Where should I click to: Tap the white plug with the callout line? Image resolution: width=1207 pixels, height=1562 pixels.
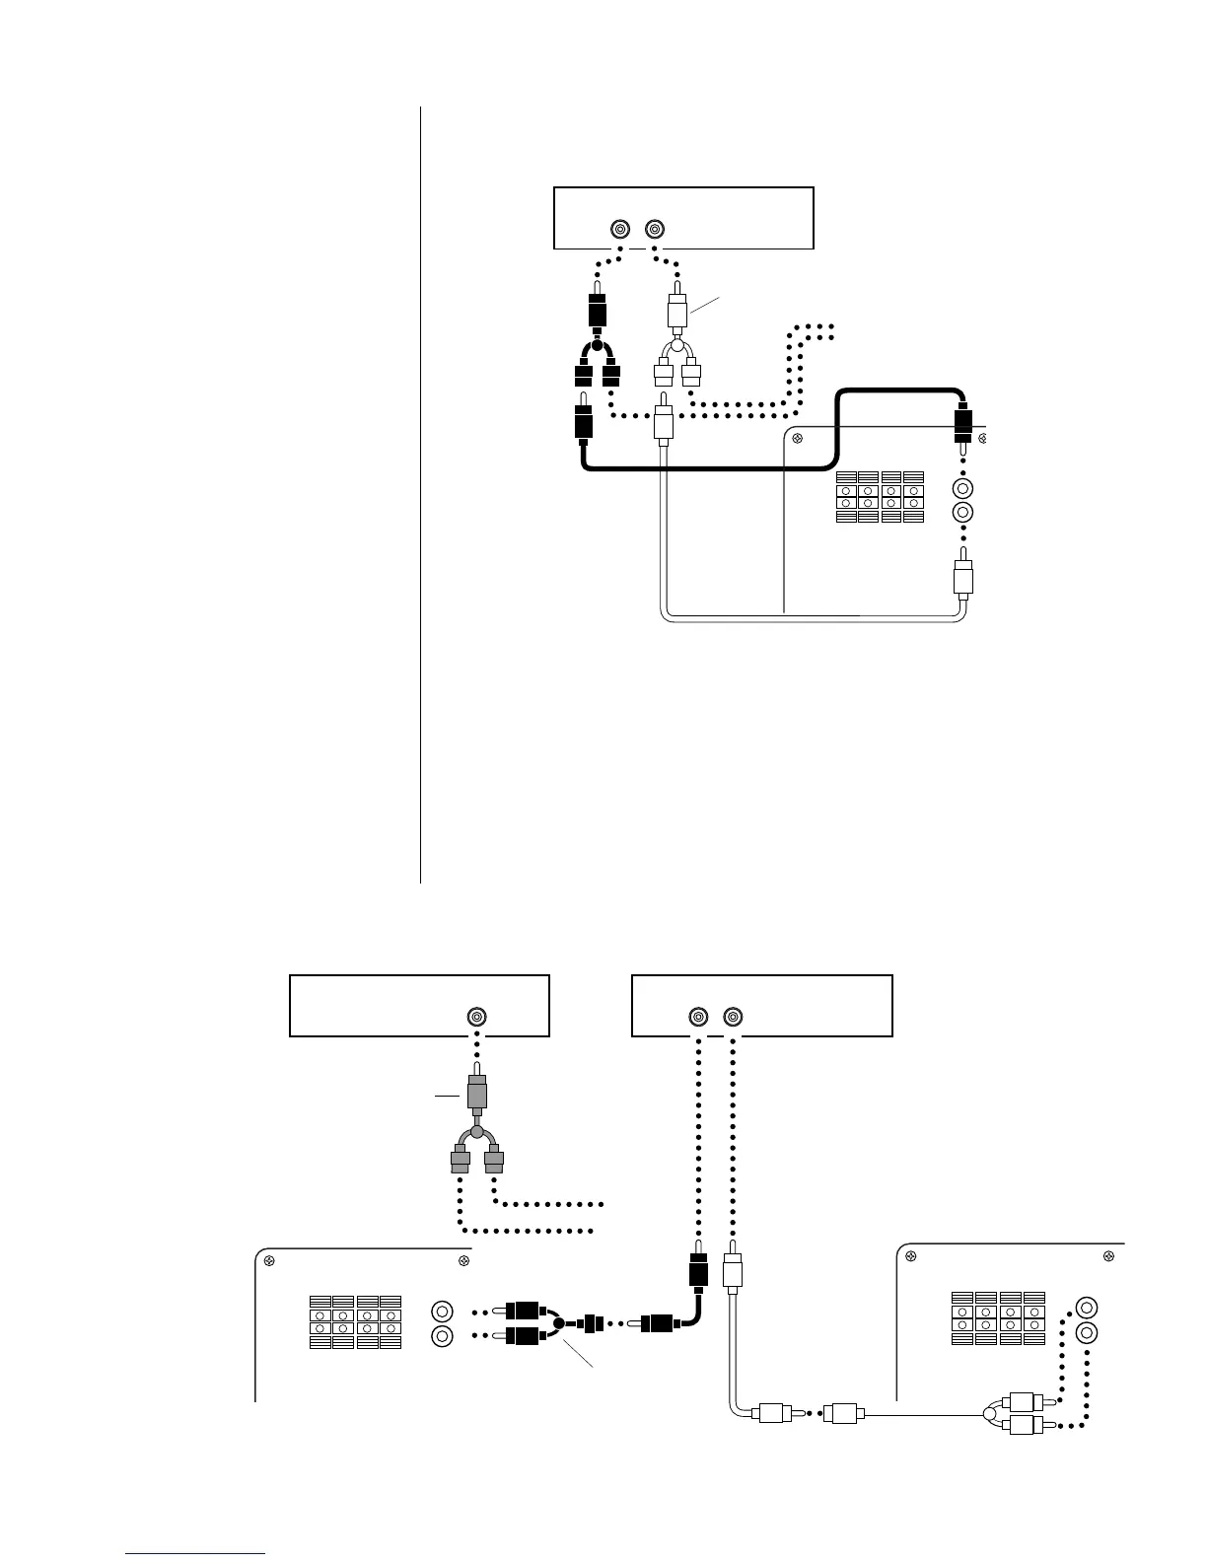click(x=676, y=310)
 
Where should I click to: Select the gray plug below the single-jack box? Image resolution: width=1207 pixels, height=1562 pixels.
click(x=477, y=1094)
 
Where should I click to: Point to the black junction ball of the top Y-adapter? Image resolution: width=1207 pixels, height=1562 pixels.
click(x=595, y=347)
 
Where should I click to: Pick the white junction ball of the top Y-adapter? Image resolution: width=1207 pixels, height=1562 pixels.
click(x=676, y=347)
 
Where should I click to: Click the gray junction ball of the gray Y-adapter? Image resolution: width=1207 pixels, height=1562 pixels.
click(x=477, y=1134)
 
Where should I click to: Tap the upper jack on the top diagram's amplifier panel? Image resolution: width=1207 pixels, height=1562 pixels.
click(x=963, y=488)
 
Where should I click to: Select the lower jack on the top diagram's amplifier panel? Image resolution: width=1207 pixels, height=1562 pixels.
click(x=963, y=512)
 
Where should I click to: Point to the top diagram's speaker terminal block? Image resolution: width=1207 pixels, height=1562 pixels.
click(x=880, y=496)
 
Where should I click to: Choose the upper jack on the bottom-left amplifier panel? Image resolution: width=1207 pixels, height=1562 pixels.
click(x=442, y=1313)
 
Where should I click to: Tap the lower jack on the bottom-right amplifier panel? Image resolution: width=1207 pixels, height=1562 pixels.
click(x=1087, y=1333)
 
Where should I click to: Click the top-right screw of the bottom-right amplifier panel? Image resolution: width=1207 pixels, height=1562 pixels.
click(x=1109, y=1256)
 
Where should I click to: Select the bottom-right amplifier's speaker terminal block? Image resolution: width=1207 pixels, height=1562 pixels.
click(x=999, y=1318)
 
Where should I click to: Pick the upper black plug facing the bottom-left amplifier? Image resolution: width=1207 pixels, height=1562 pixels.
click(x=525, y=1312)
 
